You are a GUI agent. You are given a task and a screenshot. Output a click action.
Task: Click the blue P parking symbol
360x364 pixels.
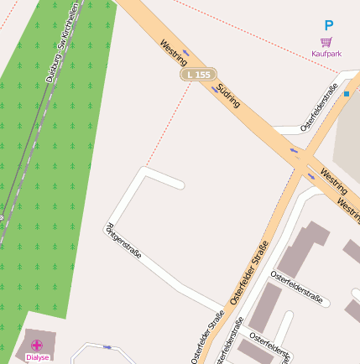[x=329, y=26]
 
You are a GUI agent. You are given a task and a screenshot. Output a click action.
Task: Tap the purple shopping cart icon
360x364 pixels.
[x=326, y=41]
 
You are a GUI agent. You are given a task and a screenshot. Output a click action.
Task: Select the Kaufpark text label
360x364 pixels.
[x=326, y=53]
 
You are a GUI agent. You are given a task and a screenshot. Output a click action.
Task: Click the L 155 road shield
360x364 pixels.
[x=200, y=75]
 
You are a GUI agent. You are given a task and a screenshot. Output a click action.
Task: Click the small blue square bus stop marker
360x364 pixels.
[x=346, y=94]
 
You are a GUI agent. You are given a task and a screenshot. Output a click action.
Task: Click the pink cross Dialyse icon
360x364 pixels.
[x=37, y=345]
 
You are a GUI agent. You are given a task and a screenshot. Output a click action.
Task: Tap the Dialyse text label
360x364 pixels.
[x=37, y=357]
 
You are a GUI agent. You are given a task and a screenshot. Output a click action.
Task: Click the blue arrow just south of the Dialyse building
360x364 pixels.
[x=107, y=346]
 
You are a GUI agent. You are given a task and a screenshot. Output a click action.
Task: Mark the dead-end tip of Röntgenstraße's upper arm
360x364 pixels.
[x=180, y=184]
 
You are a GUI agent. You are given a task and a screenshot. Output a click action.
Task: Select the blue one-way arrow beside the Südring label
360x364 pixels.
[x=214, y=86]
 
